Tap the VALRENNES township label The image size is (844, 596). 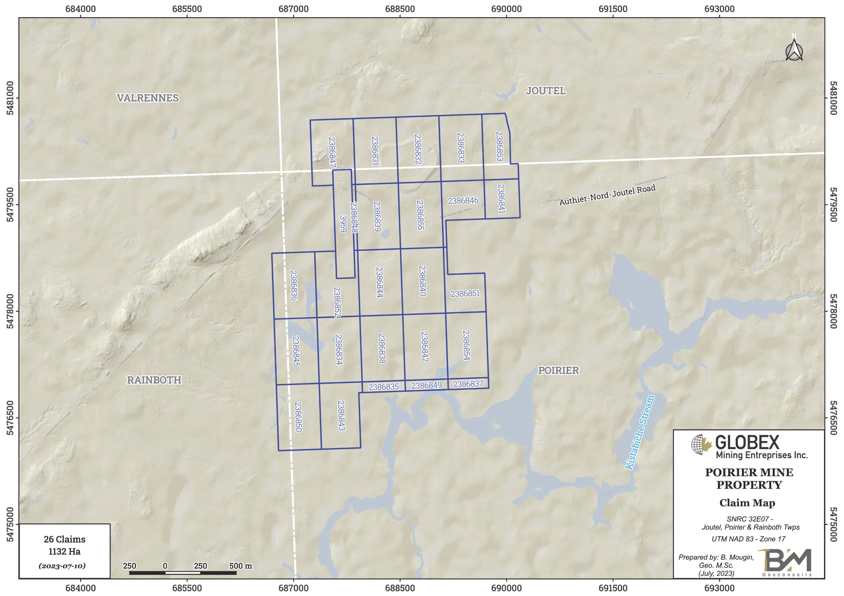(x=148, y=98)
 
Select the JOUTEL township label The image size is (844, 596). (x=546, y=91)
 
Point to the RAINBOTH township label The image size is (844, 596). (x=154, y=380)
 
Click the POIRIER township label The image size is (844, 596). (x=558, y=370)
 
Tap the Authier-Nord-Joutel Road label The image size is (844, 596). (x=607, y=195)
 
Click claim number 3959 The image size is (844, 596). (x=343, y=224)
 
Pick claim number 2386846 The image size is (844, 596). (x=463, y=201)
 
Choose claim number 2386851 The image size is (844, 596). (x=465, y=294)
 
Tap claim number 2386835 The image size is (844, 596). (x=383, y=387)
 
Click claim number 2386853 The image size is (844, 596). (x=499, y=146)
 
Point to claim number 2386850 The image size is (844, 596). (x=298, y=417)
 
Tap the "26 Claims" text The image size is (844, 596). (x=64, y=539)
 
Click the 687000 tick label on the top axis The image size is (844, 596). (x=293, y=9)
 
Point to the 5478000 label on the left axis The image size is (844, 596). (x=10, y=311)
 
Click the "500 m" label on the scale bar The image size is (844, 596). (x=240, y=566)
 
